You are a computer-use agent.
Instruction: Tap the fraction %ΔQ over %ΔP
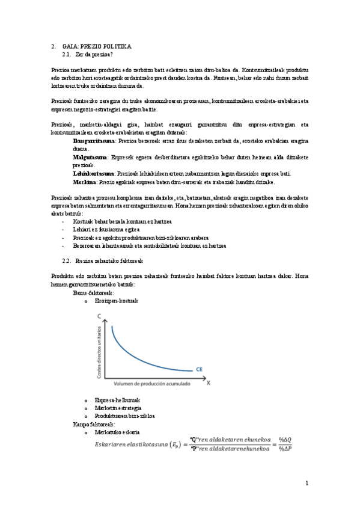click(x=284, y=444)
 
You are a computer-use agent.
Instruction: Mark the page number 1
click(x=307, y=483)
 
